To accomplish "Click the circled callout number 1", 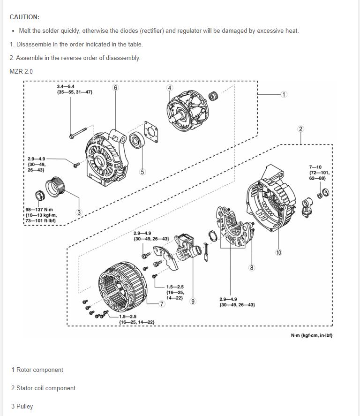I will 284,94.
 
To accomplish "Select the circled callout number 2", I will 300,129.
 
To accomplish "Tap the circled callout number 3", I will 79,212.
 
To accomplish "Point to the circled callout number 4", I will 170,88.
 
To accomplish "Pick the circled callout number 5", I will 142,172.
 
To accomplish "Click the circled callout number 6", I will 115,88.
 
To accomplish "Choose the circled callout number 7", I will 162,304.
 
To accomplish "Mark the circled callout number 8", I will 252,268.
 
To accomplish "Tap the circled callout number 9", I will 193,301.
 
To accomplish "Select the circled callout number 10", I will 278,252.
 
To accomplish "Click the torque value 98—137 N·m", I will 39,210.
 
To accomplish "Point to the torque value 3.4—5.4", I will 66,87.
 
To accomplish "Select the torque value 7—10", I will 315,167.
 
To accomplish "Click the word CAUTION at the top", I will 24,17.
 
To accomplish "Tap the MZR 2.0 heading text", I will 21,71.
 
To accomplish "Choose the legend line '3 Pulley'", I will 22,406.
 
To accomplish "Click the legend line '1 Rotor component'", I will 37,370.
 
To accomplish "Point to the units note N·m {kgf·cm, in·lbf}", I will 311,335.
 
